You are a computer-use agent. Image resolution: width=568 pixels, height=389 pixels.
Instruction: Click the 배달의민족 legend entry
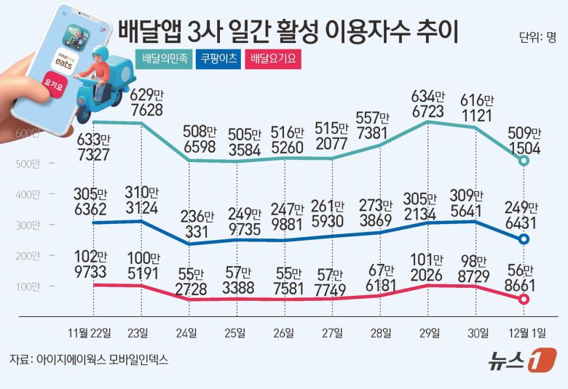pyautogui.click(x=164, y=59)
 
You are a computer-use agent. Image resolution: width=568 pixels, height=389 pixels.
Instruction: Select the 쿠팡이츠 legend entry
pyautogui.click(x=219, y=59)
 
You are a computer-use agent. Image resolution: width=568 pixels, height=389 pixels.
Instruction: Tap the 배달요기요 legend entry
pyautogui.click(x=274, y=59)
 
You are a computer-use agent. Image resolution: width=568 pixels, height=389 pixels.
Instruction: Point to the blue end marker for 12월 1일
pyautogui.click(x=524, y=240)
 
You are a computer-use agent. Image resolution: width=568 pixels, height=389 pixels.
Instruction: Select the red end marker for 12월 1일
pyautogui.click(x=524, y=299)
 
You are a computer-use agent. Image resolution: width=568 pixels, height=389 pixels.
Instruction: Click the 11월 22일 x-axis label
pyautogui.click(x=90, y=334)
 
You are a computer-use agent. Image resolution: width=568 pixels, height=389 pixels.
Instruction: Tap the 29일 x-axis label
pyautogui.click(x=429, y=334)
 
